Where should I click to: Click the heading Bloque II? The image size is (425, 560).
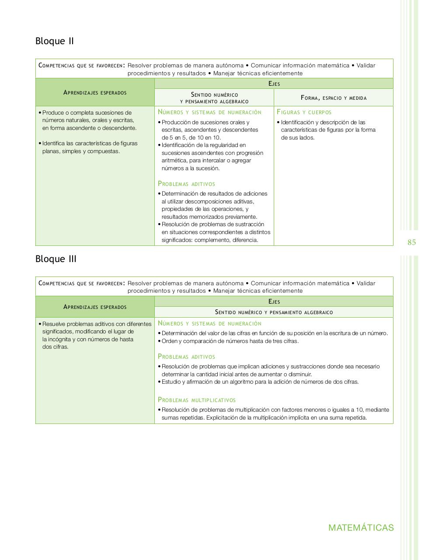55,41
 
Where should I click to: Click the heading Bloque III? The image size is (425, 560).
56,259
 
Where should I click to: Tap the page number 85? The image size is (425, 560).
411,242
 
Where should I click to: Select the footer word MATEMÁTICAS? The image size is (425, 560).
361,528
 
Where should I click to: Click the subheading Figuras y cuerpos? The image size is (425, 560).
304,112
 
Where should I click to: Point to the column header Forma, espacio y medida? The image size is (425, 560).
334,98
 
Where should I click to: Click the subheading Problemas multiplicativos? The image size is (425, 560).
197,400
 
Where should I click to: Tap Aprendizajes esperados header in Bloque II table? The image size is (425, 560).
95,92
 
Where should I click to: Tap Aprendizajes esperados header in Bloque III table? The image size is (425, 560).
95,307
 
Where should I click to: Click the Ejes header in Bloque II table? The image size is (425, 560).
274,84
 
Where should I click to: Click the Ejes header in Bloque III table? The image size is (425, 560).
274,301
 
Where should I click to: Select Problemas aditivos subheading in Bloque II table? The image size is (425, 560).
187,184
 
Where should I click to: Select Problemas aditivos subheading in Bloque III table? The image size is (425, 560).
187,357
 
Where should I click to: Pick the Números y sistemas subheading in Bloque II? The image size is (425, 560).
209,112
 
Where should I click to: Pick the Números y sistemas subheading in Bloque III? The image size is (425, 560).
209,324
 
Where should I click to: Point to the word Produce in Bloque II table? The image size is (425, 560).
53,113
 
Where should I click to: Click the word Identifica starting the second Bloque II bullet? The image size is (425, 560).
54,143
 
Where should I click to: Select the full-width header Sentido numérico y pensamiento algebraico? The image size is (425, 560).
274,312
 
